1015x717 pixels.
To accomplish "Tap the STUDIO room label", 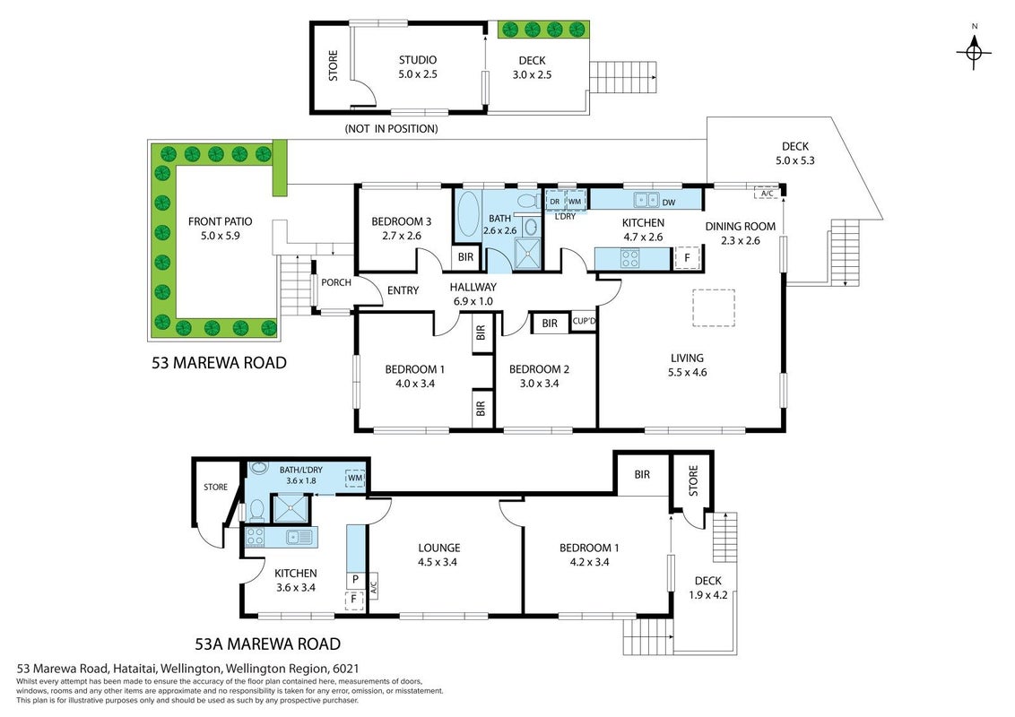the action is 418,60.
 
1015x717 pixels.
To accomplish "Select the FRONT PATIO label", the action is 220,221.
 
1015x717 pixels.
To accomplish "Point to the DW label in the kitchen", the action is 669,203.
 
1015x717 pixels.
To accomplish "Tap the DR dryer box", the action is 555,202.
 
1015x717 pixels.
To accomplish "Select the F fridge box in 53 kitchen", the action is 687,257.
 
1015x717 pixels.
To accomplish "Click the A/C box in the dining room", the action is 767,194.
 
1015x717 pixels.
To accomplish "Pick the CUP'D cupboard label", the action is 584,322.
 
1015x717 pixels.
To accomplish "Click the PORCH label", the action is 336,282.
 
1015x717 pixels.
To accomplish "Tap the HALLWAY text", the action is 473,288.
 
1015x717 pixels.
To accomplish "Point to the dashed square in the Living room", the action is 714,307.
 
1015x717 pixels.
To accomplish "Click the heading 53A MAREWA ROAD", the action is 268,644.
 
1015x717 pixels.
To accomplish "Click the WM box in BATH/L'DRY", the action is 355,479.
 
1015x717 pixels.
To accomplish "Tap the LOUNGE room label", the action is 438,549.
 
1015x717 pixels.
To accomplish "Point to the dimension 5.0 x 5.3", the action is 795,160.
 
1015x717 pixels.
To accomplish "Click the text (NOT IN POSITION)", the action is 391,129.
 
